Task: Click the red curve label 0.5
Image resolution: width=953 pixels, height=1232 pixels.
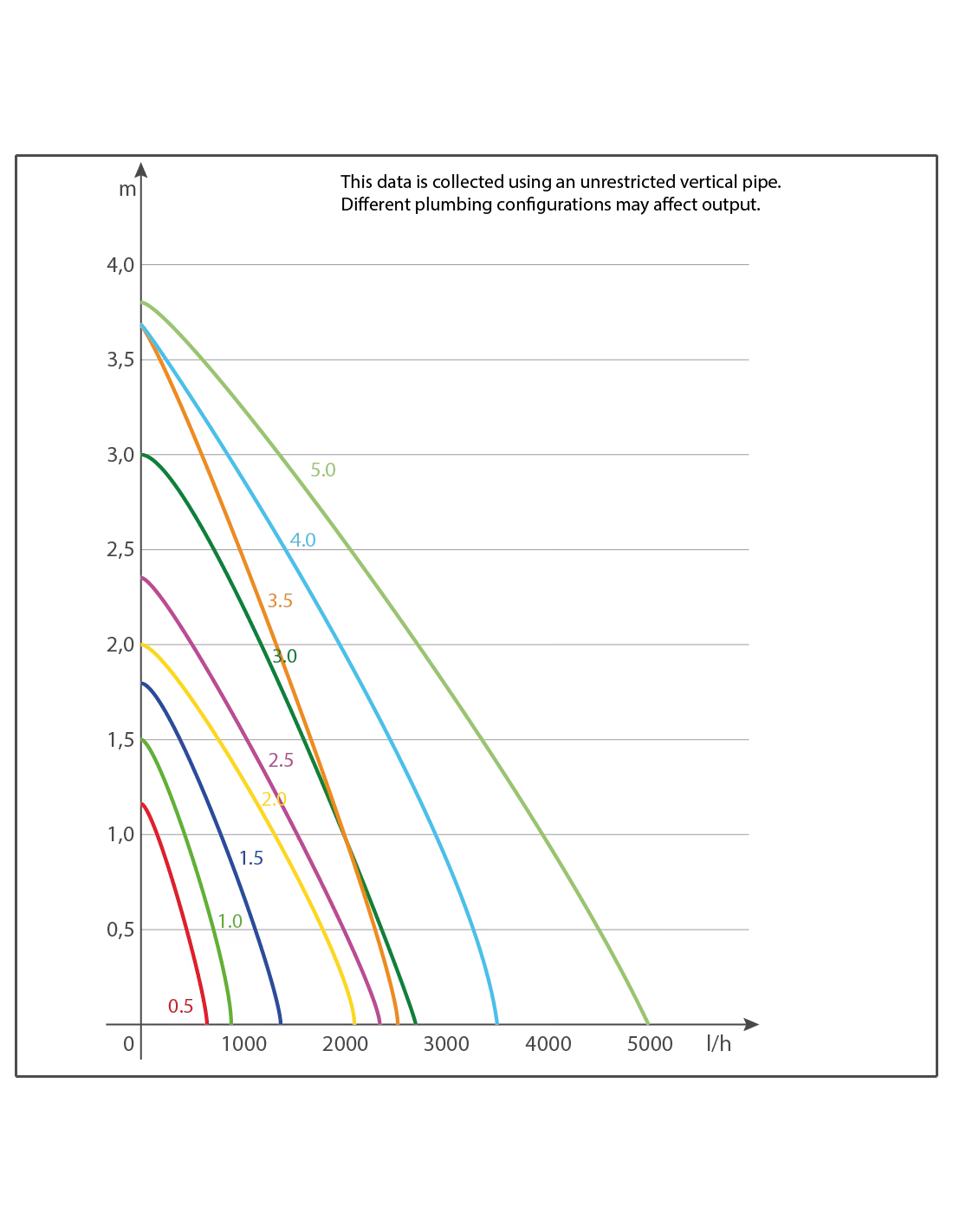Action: click(x=180, y=1006)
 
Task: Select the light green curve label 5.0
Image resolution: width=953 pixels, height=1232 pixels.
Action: click(x=323, y=470)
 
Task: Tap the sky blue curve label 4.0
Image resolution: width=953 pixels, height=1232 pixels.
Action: click(x=302, y=540)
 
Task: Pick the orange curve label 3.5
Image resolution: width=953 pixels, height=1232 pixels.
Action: click(x=280, y=600)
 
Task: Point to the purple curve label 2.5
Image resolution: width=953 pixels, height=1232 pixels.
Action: click(x=281, y=761)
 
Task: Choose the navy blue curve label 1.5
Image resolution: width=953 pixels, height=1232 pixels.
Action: click(x=251, y=859)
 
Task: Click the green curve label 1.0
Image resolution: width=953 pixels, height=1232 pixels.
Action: click(x=230, y=921)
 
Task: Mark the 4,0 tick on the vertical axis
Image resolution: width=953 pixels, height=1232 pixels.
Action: click(x=120, y=265)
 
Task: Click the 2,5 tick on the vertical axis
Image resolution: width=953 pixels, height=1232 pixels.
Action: click(x=120, y=550)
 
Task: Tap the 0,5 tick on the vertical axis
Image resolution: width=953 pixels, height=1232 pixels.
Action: click(x=120, y=930)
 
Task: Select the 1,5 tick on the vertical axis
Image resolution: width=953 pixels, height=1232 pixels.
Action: click(x=120, y=740)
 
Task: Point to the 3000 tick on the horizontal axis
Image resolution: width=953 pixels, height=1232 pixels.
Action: click(x=446, y=1044)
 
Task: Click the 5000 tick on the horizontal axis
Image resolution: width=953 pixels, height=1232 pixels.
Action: click(x=649, y=1044)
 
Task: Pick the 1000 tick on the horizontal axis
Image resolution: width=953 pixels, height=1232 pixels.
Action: click(x=243, y=1044)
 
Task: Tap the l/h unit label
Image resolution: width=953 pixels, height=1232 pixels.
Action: click(x=718, y=1044)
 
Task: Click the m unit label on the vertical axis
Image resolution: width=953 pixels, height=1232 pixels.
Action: click(x=127, y=188)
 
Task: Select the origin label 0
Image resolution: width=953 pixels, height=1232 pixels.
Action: click(x=128, y=1044)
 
